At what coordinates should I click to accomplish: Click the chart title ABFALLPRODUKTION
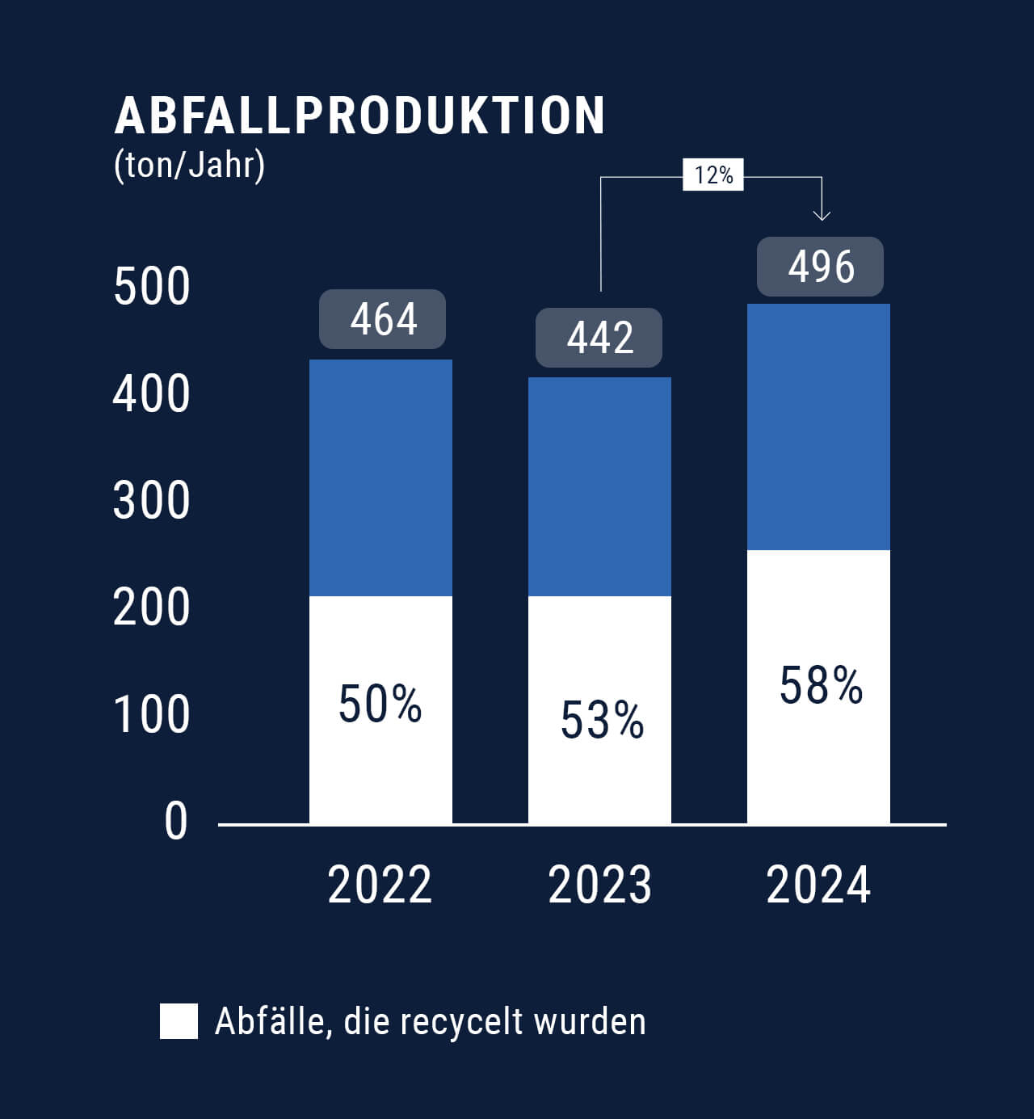pos(359,116)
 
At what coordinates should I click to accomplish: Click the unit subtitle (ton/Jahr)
pos(190,166)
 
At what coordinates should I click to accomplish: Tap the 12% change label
pos(713,175)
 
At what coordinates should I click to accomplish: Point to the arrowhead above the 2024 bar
pos(821,214)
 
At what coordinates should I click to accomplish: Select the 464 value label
pos(383,319)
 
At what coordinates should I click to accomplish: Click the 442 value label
pos(599,338)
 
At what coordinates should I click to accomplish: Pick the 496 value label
pos(820,267)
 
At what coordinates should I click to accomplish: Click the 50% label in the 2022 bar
pos(380,705)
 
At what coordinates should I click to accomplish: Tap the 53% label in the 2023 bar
pos(602,720)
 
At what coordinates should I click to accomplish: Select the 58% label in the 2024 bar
pos(821,686)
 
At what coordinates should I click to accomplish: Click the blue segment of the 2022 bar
pos(380,477)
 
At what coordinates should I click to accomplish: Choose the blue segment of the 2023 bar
pos(599,486)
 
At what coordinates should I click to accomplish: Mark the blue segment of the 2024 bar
pos(818,427)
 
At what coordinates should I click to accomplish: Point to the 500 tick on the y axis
pos(152,287)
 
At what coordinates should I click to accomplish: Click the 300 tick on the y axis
pos(152,501)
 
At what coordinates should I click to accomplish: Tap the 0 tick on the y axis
pos(175,822)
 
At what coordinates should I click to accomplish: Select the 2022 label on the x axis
pos(380,885)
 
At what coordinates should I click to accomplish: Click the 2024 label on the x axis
pos(818,885)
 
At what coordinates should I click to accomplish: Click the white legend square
pos(179,1021)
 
